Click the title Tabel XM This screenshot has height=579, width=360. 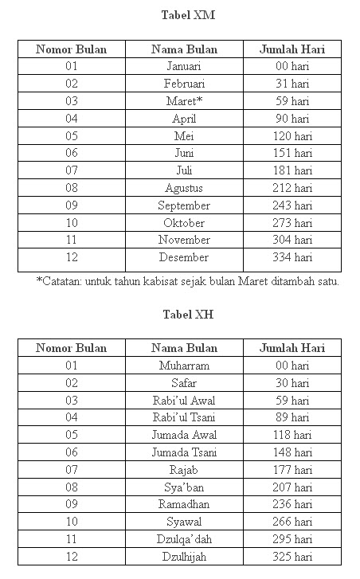[x=188, y=14]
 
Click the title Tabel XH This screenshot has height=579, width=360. [x=187, y=315]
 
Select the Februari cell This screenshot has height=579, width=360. [x=184, y=84]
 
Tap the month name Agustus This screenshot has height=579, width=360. [x=184, y=188]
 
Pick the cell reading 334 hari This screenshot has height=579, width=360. [x=292, y=257]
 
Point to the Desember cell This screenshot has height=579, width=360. [x=184, y=257]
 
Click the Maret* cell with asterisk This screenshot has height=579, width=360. [x=184, y=101]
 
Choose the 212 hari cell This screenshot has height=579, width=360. [x=292, y=188]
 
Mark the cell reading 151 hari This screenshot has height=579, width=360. [x=292, y=153]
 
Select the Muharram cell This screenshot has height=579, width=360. [x=184, y=366]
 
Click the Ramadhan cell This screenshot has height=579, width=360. [x=184, y=504]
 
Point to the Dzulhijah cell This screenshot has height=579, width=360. [x=184, y=557]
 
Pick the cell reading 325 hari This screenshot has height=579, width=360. [x=292, y=557]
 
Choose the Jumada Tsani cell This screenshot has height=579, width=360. [x=184, y=452]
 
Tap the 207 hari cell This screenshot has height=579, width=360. [x=292, y=487]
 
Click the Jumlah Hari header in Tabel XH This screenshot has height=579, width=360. [x=292, y=348]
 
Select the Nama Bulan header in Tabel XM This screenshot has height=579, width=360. [x=184, y=49]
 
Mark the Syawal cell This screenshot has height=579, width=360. [x=184, y=522]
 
